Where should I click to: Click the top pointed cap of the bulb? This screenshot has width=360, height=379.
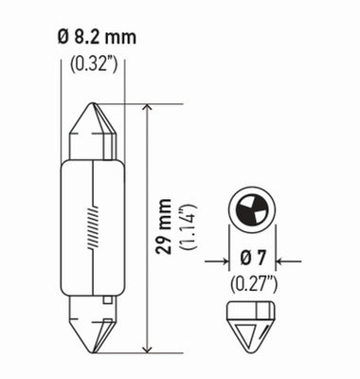click(x=93, y=128)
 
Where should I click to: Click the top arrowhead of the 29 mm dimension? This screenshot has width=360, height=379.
click(x=147, y=110)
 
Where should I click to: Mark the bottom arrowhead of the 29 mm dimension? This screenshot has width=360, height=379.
click(x=147, y=348)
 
